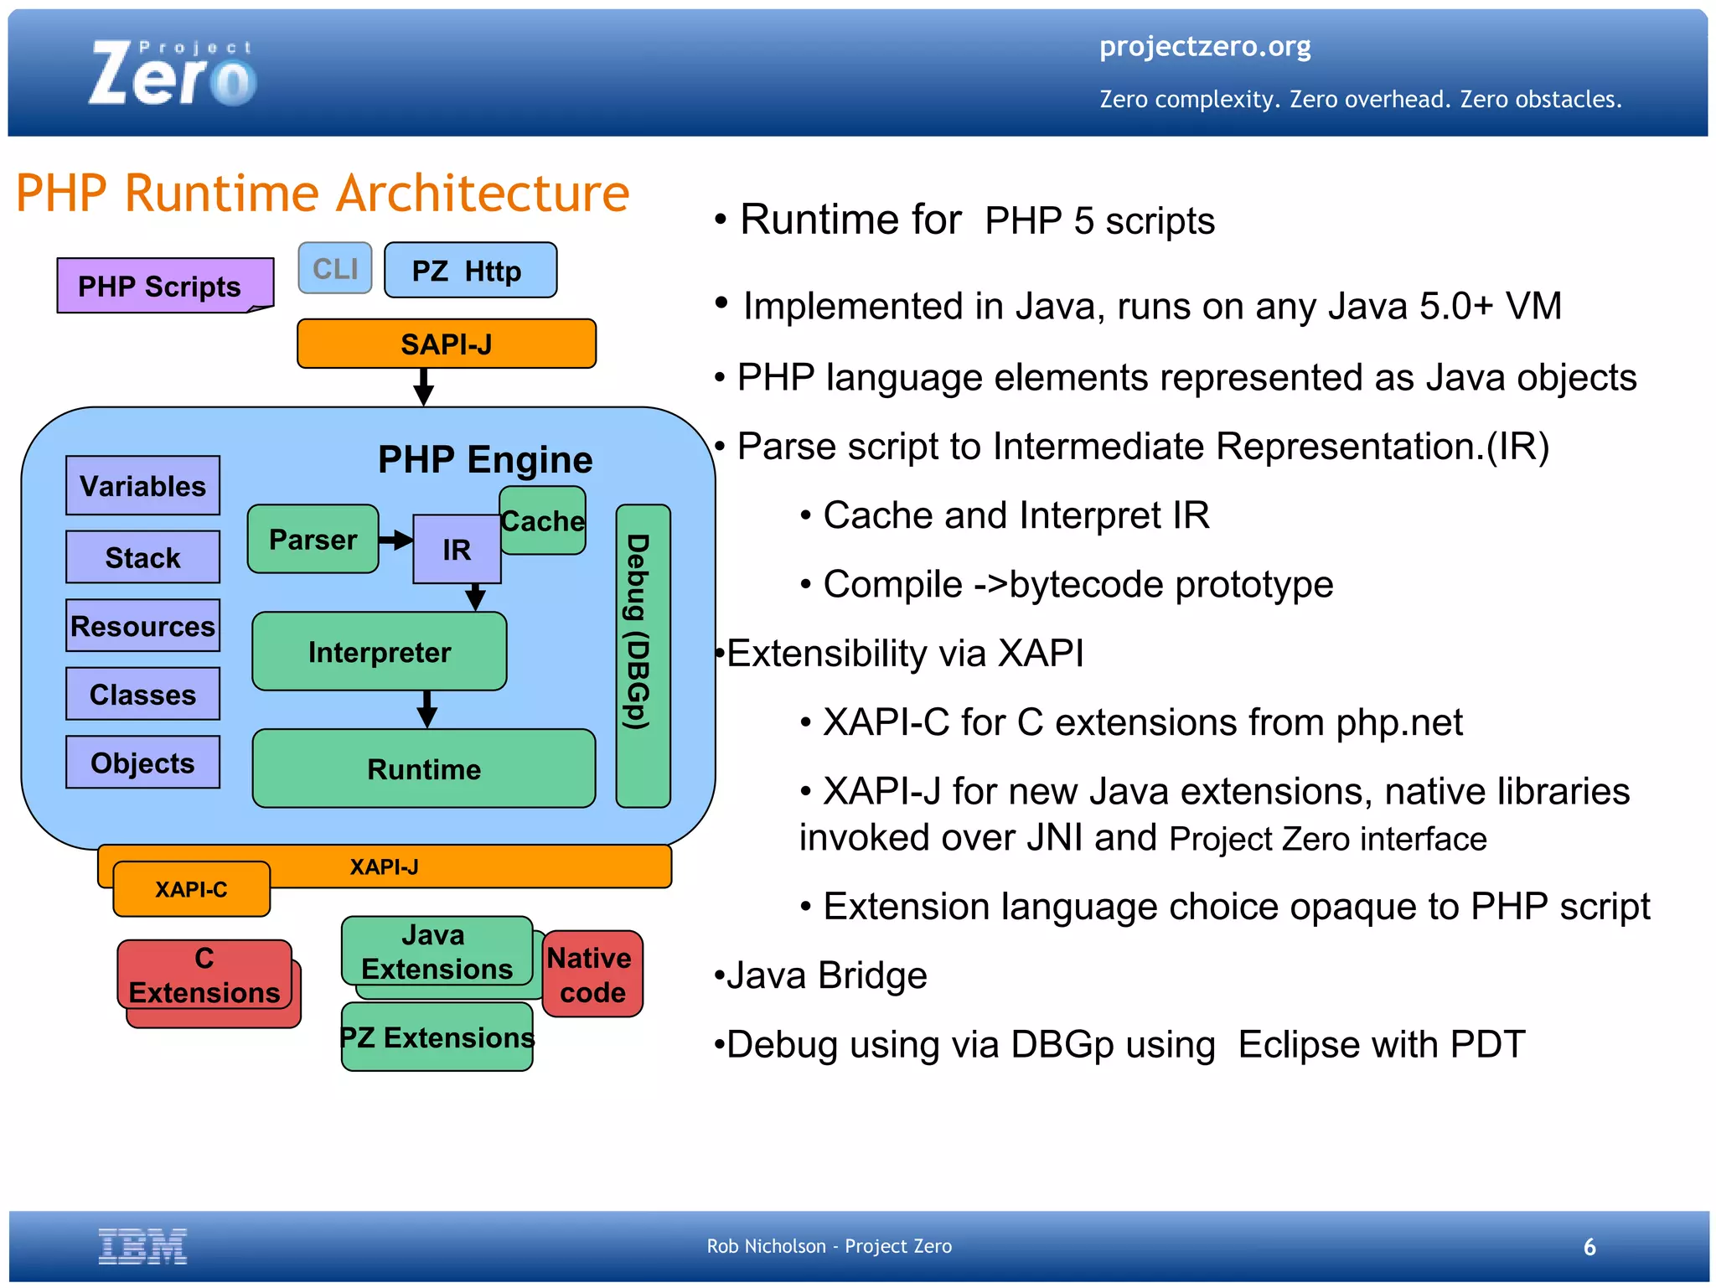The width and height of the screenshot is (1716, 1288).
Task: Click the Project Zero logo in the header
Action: coord(173,74)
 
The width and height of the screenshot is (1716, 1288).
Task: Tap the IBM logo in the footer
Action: coord(142,1246)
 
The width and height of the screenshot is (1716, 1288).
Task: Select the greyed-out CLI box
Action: coord(335,268)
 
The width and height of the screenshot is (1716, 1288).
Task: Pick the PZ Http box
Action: coord(469,271)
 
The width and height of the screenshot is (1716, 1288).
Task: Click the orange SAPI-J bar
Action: coord(446,344)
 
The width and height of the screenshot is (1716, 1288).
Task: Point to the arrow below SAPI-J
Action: coord(424,386)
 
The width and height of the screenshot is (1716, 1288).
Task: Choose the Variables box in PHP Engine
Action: coord(142,485)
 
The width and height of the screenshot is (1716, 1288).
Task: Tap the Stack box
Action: coord(142,556)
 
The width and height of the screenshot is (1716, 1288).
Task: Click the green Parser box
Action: coord(313,539)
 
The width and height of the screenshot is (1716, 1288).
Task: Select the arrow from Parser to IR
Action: coord(395,540)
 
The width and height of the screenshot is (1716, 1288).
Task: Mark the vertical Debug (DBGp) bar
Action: coord(643,655)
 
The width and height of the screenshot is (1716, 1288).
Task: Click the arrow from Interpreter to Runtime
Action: coord(427,709)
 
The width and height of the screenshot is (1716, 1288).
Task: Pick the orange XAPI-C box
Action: coord(191,889)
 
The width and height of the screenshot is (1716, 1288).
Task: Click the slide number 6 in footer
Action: coord(1589,1247)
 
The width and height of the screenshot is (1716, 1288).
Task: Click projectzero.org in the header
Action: coord(1204,46)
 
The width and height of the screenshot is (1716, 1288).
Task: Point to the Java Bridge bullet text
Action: coord(825,975)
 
